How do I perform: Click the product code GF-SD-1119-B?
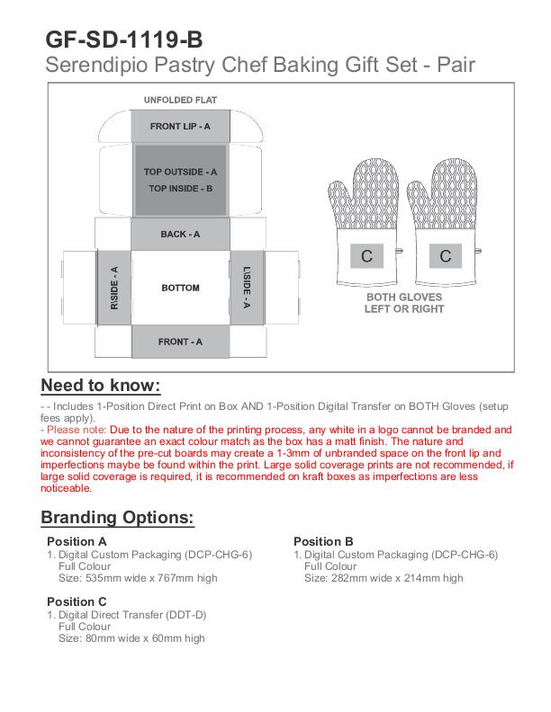pyautogui.click(x=124, y=40)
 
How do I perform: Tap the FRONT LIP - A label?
pyautogui.click(x=180, y=127)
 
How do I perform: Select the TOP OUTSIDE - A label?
pyautogui.click(x=180, y=172)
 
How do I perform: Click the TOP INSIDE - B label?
pyautogui.click(x=180, y=189)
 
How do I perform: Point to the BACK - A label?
pyautogui.click(x=180, y=235)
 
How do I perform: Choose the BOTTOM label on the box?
pyautogui.click(x=180, y=288)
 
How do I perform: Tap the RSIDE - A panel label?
pyautogui.click(x=114, y=288)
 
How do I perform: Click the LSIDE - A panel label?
pyautogui.click(x=246, y=288)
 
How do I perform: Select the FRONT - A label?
pyautogui.click(x=180, y=342)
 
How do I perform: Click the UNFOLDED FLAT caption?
pyautogui.click(x=180, y=100)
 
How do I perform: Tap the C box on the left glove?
pyautogui.click(x=366, y=256)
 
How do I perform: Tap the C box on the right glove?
pyautogui.click(x=445, y=256)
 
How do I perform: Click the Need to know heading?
pyautogui.click(x=101, y=386)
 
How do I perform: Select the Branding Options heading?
pyautogui.click(x=117, y=518)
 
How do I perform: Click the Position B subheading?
pyautogui.click(x=323, y=541)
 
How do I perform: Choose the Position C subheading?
pyautogui.click(x=77, y=601)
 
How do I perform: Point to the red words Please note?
pyautogui.click(x=69, y=431)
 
